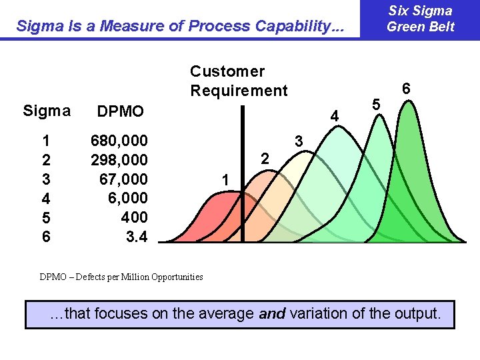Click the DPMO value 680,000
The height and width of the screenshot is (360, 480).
(x=119, y=141)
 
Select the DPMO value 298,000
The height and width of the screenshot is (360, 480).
(x=119, y=160)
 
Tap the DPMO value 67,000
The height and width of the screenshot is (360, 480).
(x=123, y=179)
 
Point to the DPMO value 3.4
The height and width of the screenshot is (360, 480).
(x=137, y=237)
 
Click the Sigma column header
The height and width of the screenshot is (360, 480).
(x=46, y=111)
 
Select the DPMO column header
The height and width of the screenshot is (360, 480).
(x=121, y=111)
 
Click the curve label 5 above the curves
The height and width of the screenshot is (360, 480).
(x=376, y=105)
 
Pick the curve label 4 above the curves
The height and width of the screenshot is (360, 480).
(x=335, y=117)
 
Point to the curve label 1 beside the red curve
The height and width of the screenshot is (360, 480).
(x=226, y=179)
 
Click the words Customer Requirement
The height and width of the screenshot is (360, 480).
(x=238, y=81)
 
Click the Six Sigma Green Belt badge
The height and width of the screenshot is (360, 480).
(x=420, y=19)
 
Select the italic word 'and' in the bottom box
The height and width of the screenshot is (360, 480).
(x=271, y=313)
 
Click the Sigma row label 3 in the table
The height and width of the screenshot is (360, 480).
(x=46, y=179)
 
